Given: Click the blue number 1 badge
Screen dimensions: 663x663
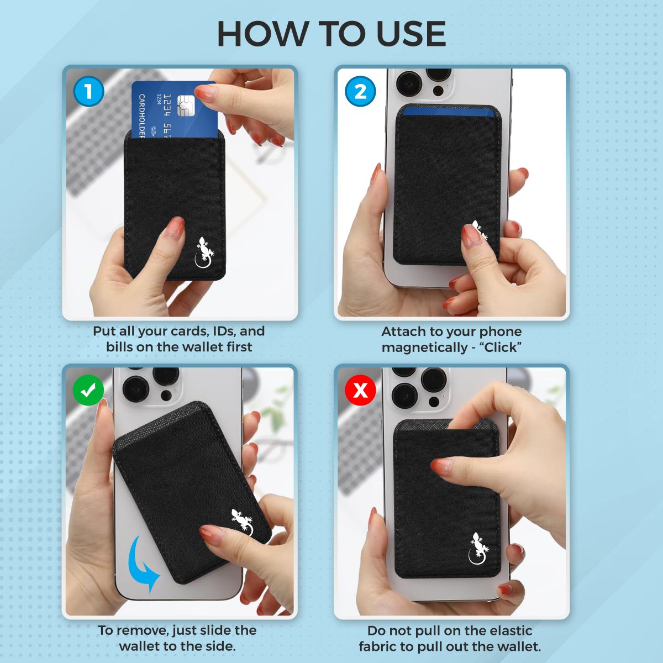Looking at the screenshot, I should tap(88, 91).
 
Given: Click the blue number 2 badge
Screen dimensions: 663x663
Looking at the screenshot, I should tap(360, 91).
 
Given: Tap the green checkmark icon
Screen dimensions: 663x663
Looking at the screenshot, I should tap(88, 391).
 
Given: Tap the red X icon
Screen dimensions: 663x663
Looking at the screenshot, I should tap(360, 391).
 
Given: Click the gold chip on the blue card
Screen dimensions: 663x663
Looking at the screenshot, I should tap(187, 105).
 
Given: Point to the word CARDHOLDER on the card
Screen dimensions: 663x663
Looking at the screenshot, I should tap(141, 116).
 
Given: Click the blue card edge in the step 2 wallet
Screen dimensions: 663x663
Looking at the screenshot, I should tap(448, 112).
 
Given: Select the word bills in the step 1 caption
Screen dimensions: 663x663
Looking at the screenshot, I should tap(120, 347).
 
